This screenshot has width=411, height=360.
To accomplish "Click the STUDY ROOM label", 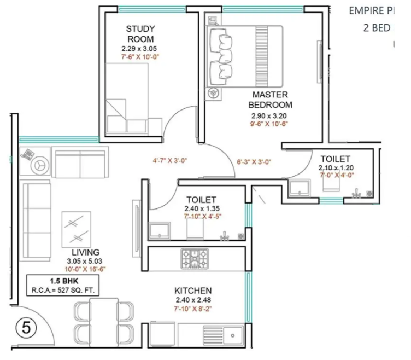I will tap(140, 34).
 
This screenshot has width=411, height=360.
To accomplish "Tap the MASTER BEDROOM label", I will tap(270, 100).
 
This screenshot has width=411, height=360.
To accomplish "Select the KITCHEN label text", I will tap(193, 290).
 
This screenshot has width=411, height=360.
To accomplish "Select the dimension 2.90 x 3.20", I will tap(269, 116).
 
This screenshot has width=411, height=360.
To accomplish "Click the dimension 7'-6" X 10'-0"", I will tap(140, 56).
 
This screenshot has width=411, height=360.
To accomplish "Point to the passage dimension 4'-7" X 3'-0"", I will tap(170, 161).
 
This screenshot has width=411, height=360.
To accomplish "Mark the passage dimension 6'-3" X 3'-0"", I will tap(255, 162).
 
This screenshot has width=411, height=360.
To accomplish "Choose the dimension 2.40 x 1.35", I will tap(202, 208).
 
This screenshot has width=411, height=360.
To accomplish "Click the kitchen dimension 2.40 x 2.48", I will tap(193, 300).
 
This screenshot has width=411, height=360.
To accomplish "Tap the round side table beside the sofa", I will tap(40, 164).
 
